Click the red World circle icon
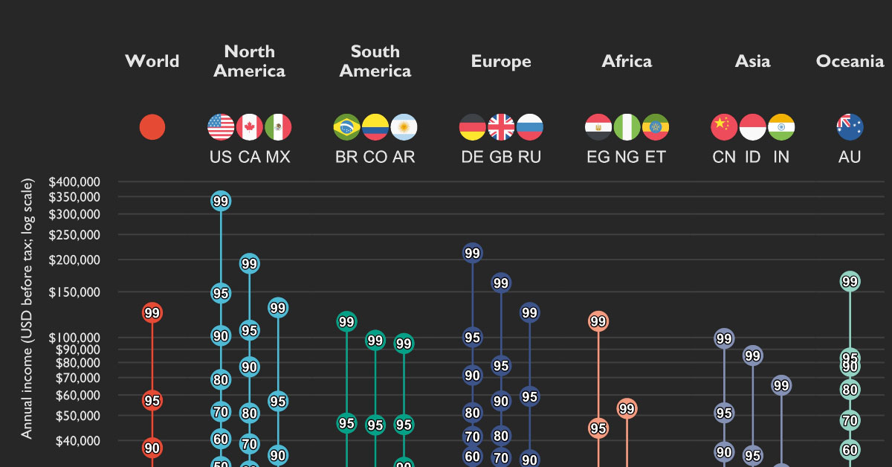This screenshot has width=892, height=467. click(152, 127)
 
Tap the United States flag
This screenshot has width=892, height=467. click(221, 127)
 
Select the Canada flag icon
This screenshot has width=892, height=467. click(250, 127)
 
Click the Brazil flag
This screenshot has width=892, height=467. click(346, 127)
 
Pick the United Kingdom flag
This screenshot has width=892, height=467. click(501, 127)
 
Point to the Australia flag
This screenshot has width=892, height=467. click(850, 127)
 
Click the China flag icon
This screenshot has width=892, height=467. click(724, 127)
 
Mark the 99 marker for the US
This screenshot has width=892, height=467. click(221, 201)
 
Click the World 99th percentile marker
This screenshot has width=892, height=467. click(152, 313)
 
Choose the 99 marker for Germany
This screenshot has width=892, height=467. click(473, 254)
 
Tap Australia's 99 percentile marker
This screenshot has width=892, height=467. click(850, 281)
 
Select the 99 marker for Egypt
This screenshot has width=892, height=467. click(598, 321)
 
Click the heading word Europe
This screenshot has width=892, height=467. click(501, 61)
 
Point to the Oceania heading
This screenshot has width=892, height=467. click(850, 61)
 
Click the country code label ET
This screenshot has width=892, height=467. click(656, 158)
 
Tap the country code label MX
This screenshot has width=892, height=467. click(278, 158)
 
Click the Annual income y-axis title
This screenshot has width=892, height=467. click(28, 309)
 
